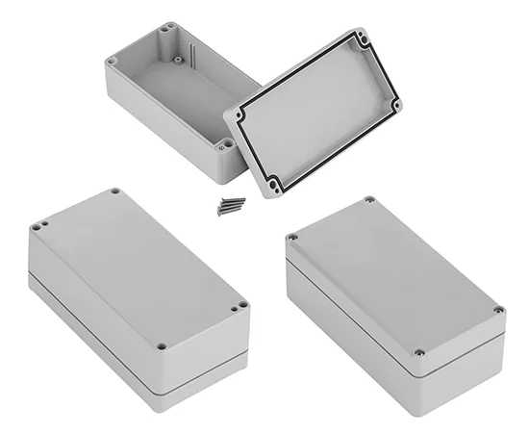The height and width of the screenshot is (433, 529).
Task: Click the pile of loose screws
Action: click(231, 203)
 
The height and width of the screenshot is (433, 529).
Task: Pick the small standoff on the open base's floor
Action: click(178, 58)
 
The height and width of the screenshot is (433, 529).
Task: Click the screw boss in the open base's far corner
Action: click(169, 27)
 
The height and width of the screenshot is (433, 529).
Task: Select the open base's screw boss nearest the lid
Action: click(223, 144)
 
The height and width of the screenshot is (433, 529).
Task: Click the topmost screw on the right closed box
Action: click(369, 201)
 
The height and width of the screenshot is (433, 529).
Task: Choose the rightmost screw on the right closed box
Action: click(497, 310)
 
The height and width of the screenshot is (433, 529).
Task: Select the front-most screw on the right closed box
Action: click(419, 353)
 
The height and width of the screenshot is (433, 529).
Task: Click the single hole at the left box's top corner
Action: click(114, 191)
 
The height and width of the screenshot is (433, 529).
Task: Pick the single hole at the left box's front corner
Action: click(162, 345)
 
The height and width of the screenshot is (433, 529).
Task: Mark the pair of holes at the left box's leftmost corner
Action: click(38, 227)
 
